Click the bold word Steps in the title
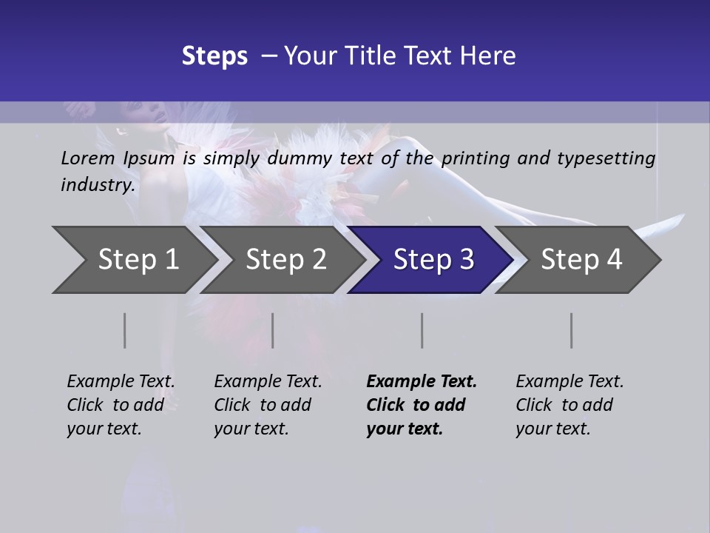pos(214,56)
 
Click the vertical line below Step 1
pos(125,330)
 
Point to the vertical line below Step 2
pos(273,330)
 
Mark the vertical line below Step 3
pos(422,330)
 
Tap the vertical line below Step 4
pos(572,330)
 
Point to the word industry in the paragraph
pos(98,185)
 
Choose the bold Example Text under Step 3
pos(422,405)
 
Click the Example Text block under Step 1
pos(121,405)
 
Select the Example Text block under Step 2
pos(268,405)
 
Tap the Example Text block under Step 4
pos(569,405)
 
